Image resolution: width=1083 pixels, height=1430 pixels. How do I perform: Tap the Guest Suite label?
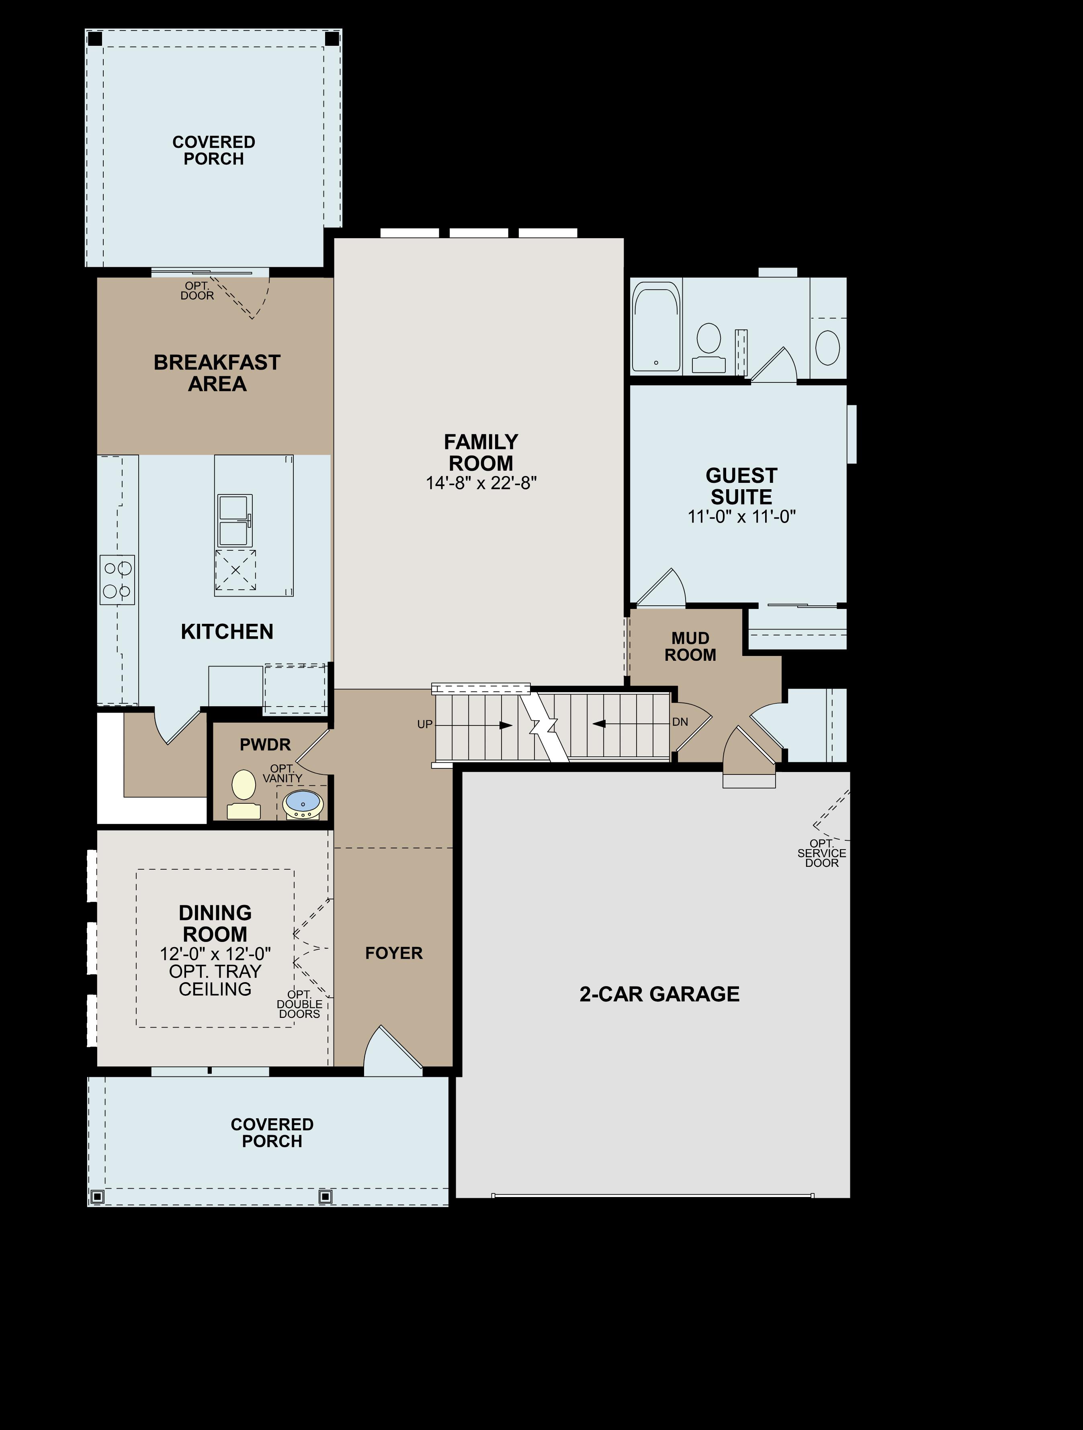click(741, 486)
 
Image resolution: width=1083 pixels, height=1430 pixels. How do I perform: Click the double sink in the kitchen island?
click(235, 521)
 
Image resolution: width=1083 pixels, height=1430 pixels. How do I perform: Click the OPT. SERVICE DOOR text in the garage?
click(822, 853)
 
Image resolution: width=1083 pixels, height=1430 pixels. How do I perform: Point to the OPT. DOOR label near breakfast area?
click(197, 291)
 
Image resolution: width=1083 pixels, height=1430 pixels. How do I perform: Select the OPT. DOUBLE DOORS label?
click(299, 1004)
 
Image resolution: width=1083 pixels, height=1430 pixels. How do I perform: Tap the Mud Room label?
click(690, 646)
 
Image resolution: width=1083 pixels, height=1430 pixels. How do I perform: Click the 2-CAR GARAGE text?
click(659, 994)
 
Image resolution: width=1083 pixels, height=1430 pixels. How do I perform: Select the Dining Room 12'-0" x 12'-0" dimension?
click(215, 954)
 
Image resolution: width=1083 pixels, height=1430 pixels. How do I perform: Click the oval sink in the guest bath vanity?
click(827, 347)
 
